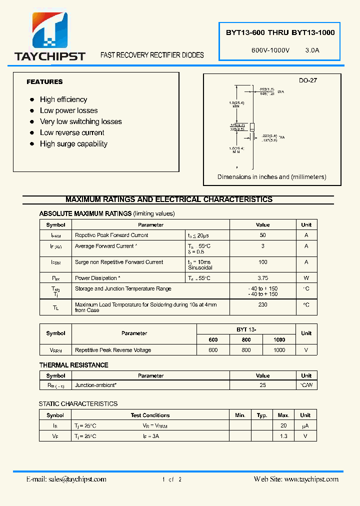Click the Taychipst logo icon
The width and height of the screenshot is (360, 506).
(49, 31)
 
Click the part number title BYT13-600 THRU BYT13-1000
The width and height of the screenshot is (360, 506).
(280, 32)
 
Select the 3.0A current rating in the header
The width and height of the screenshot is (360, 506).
(312, 50)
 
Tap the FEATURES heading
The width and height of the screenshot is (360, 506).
(44, 81)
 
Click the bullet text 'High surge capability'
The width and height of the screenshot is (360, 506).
(73, 144)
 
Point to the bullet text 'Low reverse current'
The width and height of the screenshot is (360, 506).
(72, 133)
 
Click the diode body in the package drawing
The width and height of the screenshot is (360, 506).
(252, 127)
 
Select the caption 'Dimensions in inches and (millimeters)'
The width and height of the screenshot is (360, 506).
(271, 177)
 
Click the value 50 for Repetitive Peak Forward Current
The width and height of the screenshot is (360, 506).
(263, 235)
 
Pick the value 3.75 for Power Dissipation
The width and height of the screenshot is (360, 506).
(263, 278)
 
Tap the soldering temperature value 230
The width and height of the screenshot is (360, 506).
(263, 304)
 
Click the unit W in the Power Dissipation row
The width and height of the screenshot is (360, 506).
(306, 278)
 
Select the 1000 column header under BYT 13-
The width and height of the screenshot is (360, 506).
(279, 339)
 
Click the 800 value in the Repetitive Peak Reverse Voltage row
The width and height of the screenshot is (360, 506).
(246, 350)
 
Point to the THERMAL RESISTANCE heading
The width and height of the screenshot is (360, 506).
(73, 365)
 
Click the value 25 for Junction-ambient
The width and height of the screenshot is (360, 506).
(263, 385)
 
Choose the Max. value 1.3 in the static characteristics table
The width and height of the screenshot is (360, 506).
(283, 436)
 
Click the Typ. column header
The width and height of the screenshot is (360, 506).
(262, 415)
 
